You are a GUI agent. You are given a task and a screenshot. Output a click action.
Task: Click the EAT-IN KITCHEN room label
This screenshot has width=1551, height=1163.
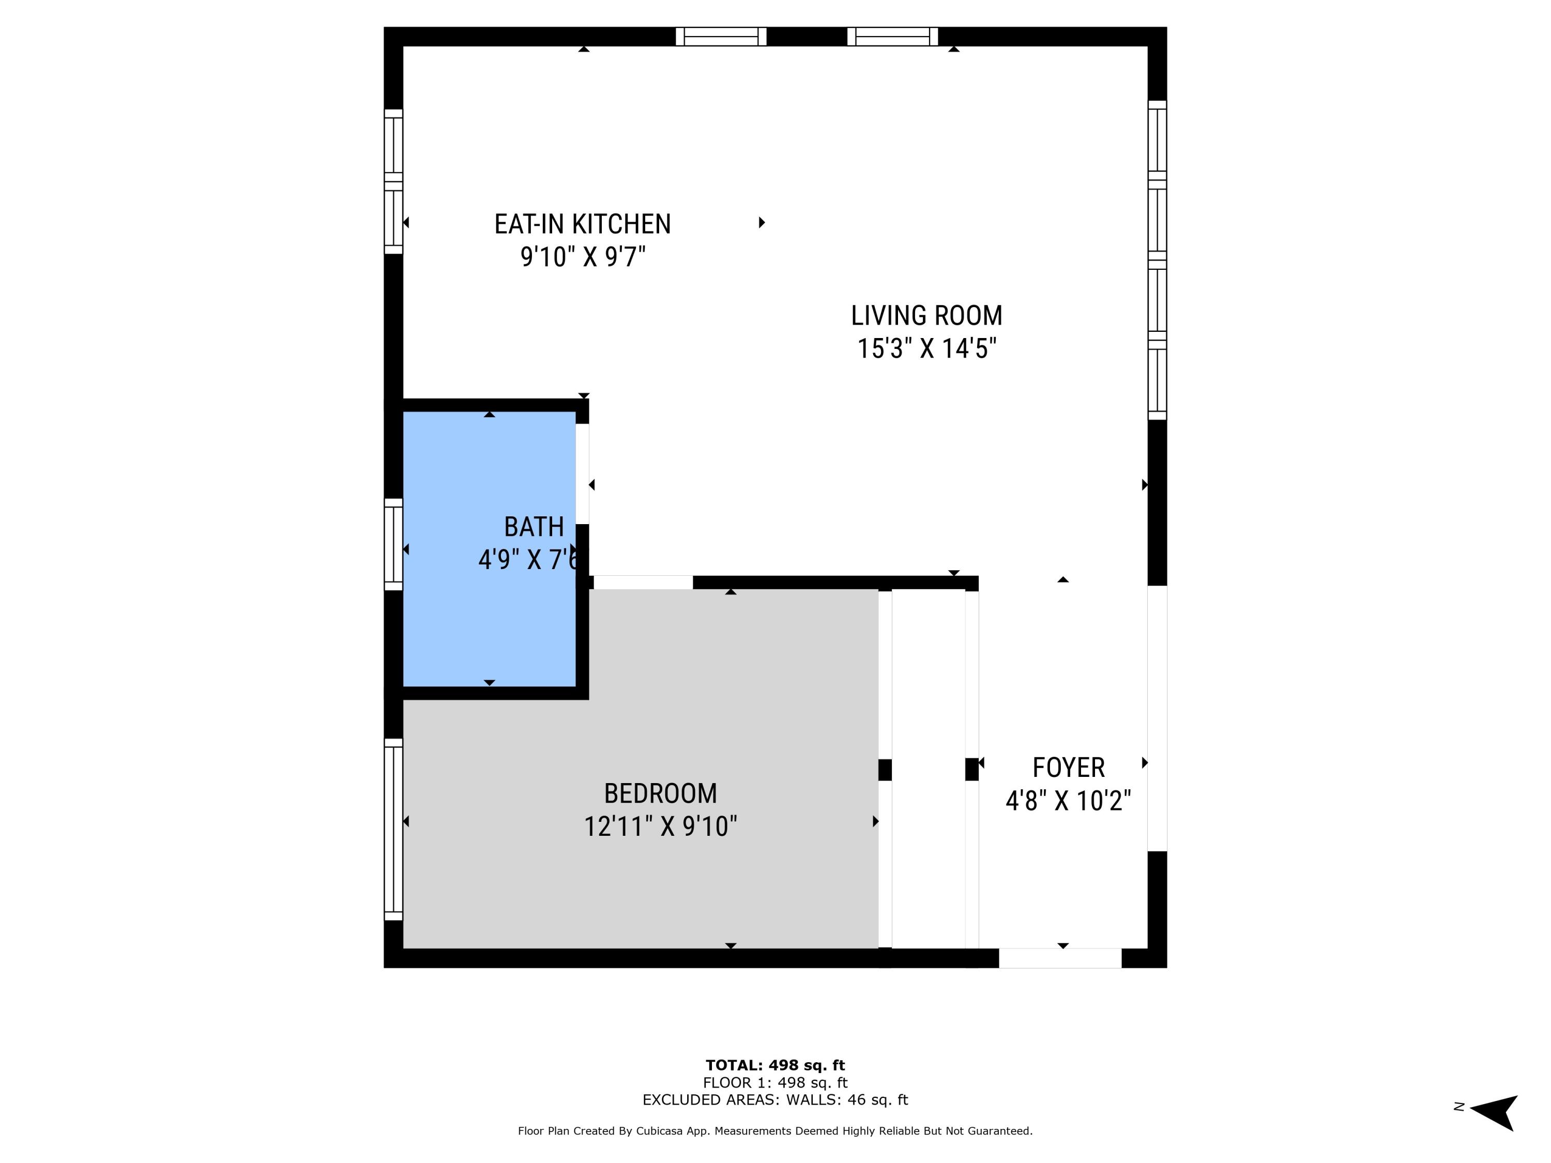[582, 224]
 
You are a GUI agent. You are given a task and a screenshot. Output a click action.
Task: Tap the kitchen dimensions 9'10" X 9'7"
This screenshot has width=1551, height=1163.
[582, 257]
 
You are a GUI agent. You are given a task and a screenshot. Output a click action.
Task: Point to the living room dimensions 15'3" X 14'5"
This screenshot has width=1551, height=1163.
[926, 348]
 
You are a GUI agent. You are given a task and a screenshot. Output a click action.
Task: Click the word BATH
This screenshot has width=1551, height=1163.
[534, 527]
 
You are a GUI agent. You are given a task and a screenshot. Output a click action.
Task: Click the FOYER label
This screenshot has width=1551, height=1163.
[1068, 768]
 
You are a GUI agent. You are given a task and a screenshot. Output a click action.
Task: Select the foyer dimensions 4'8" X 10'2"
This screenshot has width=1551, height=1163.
[1068, 801]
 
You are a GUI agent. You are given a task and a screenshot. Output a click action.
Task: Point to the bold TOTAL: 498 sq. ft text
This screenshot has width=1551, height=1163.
[775, 1065]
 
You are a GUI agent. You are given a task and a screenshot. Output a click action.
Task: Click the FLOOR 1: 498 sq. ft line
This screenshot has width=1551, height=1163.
[775, 1082]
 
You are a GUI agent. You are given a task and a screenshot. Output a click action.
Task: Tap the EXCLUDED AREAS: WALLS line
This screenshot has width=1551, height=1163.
[775, 1099]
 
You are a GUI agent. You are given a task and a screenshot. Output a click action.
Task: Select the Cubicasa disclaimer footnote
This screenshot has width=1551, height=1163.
[775, 1131]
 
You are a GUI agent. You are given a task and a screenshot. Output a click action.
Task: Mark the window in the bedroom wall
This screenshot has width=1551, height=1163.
[393, 829]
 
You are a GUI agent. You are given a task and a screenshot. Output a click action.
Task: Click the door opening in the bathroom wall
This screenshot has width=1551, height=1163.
[582, 474]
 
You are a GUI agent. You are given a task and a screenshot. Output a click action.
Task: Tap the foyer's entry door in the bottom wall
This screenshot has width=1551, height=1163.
[1059, 958]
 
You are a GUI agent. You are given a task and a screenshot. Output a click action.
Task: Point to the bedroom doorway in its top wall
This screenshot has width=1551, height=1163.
[643, 582]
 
